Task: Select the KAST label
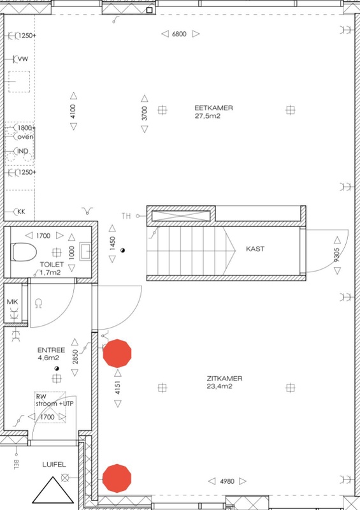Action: [256, 249]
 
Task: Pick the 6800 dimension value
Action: [179, 34]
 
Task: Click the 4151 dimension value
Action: [117, 386]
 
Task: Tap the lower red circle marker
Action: [117, 477]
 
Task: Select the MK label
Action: [11, 301]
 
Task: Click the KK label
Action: [21, 211]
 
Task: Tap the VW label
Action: [22, 59]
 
